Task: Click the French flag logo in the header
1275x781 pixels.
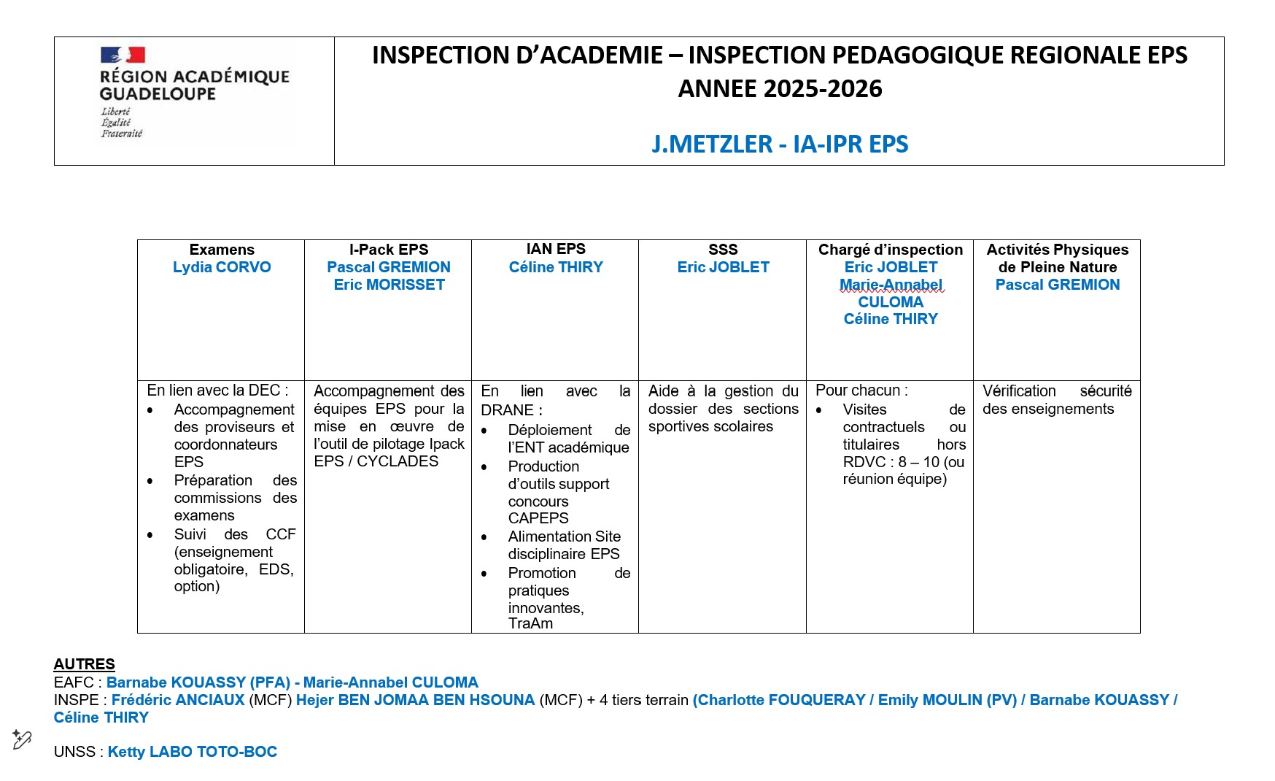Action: tap(123, 55)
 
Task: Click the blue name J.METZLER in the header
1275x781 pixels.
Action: tap(710, 145)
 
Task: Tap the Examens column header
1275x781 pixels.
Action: tap(222, 250)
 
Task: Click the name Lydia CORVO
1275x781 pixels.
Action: tap(222, 267)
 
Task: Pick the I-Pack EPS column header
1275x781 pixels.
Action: tap(388, 250)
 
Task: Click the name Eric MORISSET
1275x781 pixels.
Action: tap(389, 285)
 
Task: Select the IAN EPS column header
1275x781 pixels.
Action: tap(556, 249)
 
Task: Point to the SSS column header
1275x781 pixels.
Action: tap(723, 250)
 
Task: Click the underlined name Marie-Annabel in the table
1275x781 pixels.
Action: tap(891, 285)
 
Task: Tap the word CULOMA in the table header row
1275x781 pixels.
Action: tap(891, 302)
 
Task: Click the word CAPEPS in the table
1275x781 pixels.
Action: tap(538, 518)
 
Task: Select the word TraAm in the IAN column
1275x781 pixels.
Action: tap(530, 623)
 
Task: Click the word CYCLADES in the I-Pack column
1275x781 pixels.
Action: tap(398, 461)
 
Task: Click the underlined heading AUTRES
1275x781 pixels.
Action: tap(85, 664)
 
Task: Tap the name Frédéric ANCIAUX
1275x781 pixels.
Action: tap(178, 700)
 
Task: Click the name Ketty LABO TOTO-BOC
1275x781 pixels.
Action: tap(193, 752)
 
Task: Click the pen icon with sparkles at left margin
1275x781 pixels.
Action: tap(22, 739)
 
